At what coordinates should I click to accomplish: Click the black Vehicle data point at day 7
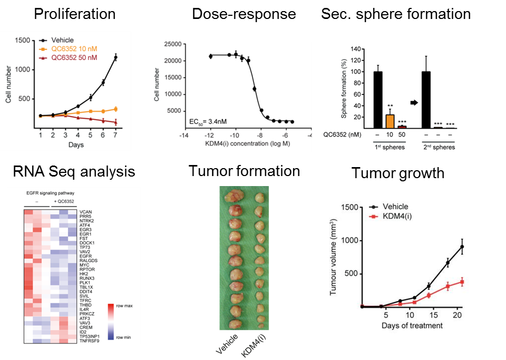click(x=115, y=57)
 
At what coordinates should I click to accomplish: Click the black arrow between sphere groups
click(x=414, y=103)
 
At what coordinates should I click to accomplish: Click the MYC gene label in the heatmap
click(x=85, y=265)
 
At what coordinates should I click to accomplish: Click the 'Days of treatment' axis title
click(x=412, y=325)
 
